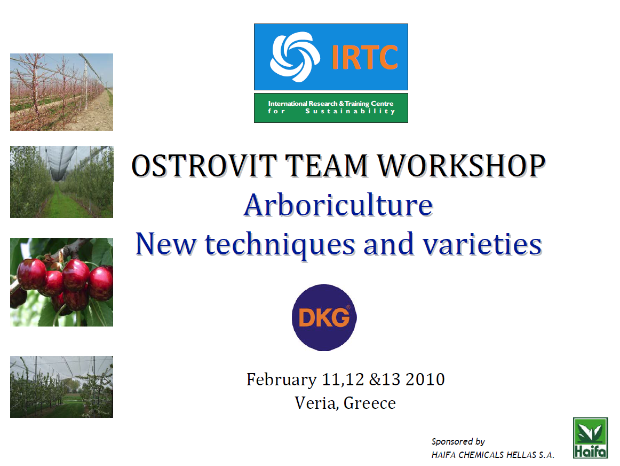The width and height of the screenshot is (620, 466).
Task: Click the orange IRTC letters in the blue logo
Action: [364, 57]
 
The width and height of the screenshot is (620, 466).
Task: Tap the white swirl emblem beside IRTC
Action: [295, 57]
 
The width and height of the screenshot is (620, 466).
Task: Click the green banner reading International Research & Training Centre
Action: [331, 108]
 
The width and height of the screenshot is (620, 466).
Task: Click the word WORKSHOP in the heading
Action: [462, 166]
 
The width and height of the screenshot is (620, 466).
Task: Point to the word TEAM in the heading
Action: [327, 166]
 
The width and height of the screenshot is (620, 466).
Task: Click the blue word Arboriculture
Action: [338, 205]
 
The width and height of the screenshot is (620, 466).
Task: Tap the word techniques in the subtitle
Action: [280, 244]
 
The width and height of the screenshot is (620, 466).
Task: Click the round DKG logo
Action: [324, 317]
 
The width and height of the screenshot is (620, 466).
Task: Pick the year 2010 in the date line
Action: [425, 379]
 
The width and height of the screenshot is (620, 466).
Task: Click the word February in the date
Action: [282, 379]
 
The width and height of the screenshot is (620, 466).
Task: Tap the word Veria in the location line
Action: [317, 403]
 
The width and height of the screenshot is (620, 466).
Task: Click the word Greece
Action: [370, 403]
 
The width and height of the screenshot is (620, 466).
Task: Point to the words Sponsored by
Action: [458, 441]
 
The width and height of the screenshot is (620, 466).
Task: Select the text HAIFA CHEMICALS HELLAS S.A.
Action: [492, 455]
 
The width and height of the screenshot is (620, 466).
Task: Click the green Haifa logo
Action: [590, 438]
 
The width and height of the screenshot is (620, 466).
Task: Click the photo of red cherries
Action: [62, 282]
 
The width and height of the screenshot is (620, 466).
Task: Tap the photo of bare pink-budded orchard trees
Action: [62, 92]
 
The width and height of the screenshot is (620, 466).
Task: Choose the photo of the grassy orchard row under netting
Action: [62, 182]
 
